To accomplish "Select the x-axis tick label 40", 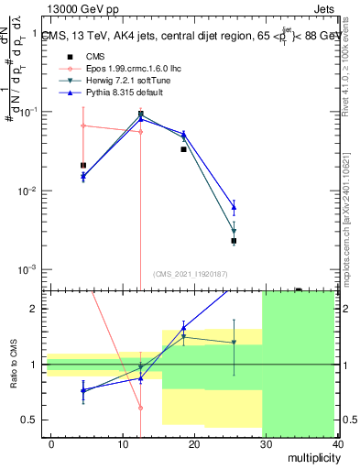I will coord(337,443).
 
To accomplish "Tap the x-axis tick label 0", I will coord(51,443).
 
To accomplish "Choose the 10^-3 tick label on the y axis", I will coord(26,270).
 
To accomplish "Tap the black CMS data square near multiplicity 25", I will coord(234,241).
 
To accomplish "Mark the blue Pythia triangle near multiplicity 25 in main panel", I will coord(234,208).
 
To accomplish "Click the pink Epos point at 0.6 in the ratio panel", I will coord(140,408).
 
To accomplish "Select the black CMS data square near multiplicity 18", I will coord(183,148).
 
